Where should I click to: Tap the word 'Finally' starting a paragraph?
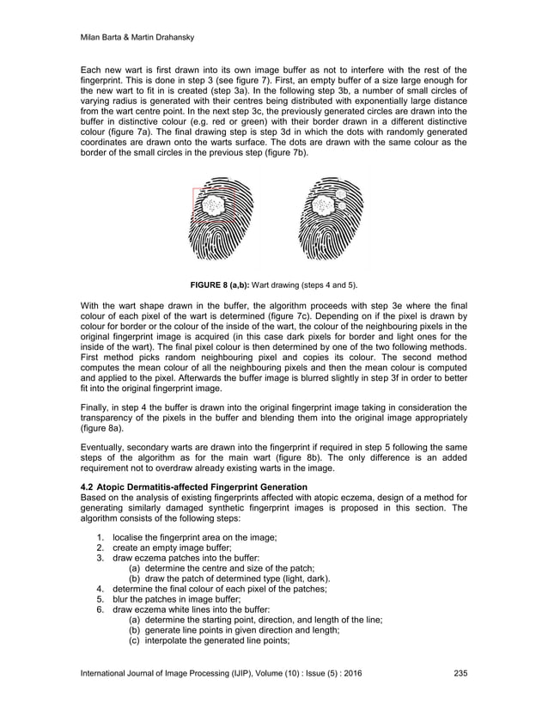[94, 408]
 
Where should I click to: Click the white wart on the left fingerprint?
[212, 206]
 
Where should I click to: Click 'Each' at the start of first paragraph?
[90, 69]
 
